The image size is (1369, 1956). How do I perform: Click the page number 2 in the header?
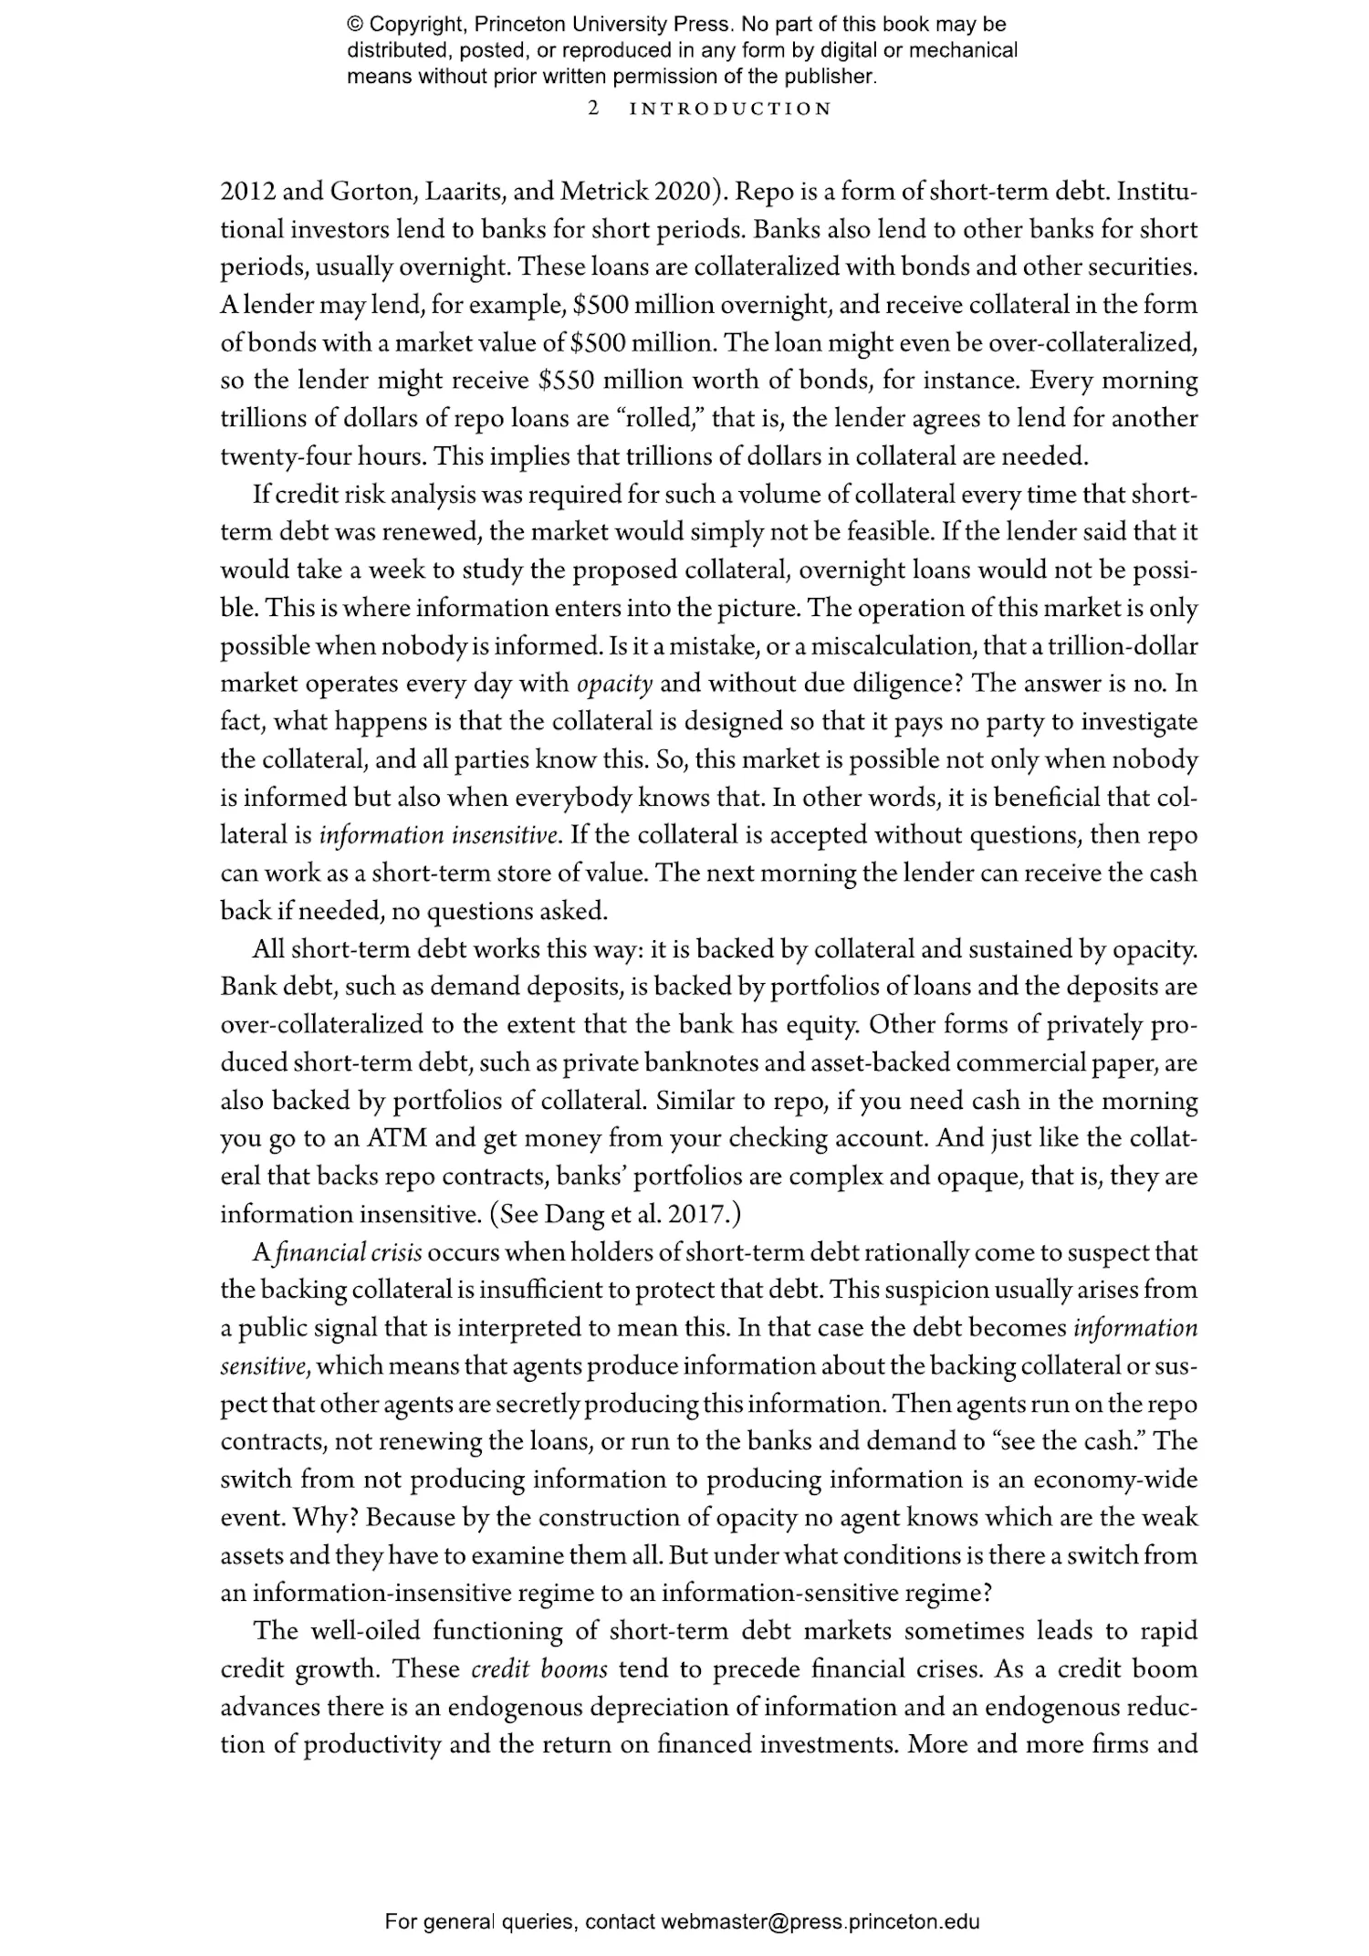[594, 109]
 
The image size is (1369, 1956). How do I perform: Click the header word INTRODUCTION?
[731, 109]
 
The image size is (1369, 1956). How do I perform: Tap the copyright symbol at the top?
[355, 25]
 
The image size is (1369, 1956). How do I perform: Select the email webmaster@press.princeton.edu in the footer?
[820, 1921]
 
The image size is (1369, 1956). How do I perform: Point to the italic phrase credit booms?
[539, 1668]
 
